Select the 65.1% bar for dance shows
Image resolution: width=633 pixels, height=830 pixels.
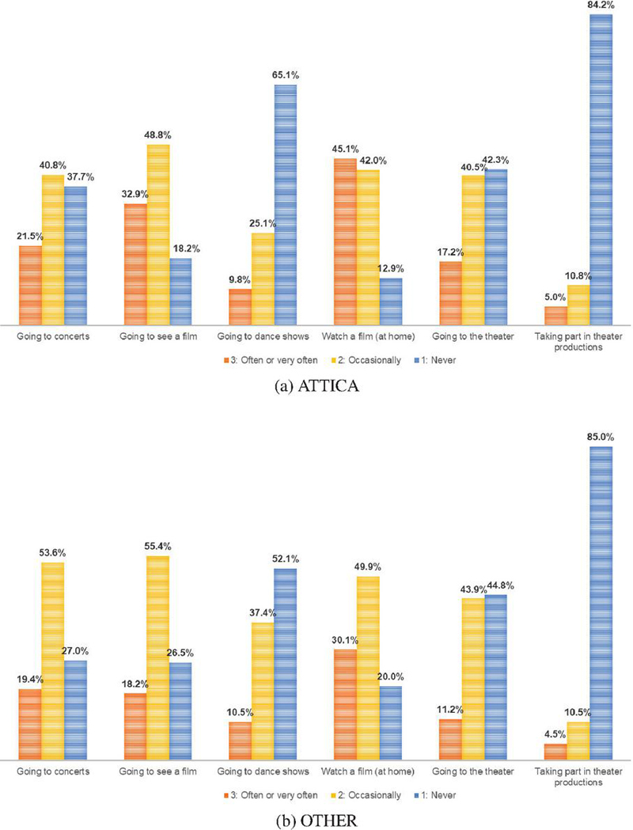(x=285, y=204)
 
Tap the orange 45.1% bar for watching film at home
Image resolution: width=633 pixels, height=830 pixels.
(x=345, y=241)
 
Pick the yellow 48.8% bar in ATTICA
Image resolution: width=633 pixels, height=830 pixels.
(x=158, y=234)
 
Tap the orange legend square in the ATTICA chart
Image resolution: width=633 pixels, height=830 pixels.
(x=226, y=360)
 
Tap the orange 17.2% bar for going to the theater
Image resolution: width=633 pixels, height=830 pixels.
(x=449, y=293)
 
